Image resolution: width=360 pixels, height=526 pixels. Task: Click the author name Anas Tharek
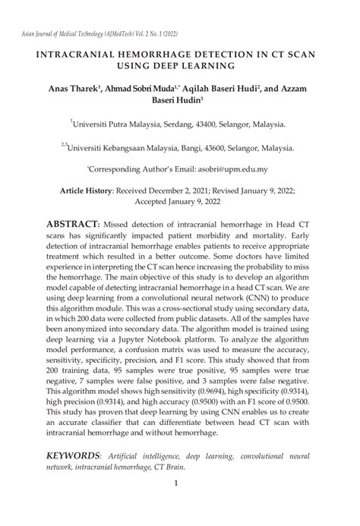[71, 90]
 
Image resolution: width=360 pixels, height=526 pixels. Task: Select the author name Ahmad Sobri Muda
[141, 90]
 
